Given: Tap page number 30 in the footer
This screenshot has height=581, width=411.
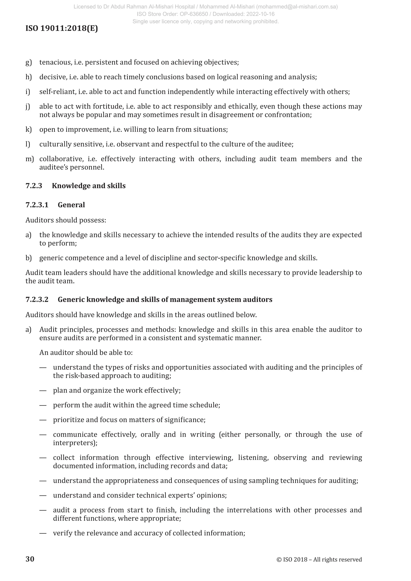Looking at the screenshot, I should click(x=30, y=559).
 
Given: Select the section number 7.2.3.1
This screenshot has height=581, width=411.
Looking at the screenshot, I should click(x=37, y=205).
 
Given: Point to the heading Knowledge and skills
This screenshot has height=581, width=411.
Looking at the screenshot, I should click(x=89, y=186).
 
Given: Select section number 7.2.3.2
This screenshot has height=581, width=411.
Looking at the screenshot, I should click(x=37, y=299).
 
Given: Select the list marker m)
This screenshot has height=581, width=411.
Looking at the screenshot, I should click(x=30, y=159).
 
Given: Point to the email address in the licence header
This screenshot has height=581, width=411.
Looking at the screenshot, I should click(x=299, y=7).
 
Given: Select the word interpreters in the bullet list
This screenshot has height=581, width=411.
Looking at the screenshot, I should click(x=75, y=443).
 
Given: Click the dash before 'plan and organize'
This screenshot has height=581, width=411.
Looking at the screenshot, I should click(x=43, y=390).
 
